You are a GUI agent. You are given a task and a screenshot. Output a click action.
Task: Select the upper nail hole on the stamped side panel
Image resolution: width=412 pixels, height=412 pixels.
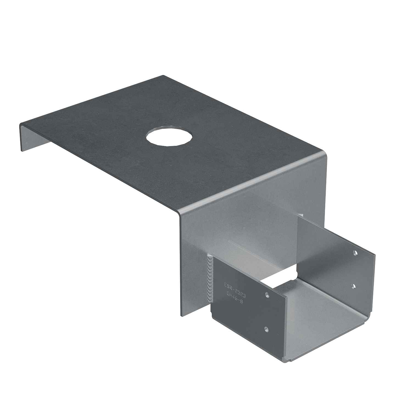266,296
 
